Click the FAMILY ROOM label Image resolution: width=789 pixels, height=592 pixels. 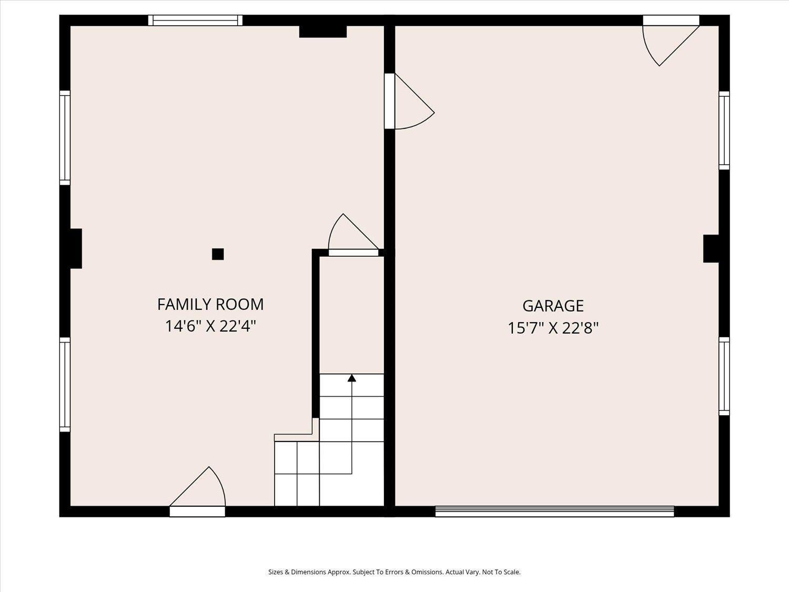(x=210, y=305)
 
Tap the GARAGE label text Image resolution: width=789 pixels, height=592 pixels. (x=553, y=306)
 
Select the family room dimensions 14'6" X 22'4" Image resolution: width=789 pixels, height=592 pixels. (x=210, y=326)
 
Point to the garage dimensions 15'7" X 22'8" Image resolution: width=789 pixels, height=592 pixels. (x=553, y=328)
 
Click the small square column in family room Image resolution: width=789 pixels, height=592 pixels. (x=218, y=254)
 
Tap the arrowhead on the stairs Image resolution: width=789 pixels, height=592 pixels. (x=351, y=378)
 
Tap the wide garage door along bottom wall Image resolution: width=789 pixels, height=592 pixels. (x=554, y=511)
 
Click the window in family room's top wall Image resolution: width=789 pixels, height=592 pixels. (x=195, y=21)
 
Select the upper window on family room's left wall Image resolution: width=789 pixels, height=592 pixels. (x=65, y=138)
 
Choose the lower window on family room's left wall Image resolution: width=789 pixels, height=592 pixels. (x=65, y=384)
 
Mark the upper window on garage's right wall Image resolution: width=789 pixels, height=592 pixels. (x=724, y=131)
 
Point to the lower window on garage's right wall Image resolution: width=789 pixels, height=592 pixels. (x=724, y=376)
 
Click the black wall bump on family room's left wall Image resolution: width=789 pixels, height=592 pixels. (x=76, y=248)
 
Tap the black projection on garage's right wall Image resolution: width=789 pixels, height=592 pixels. (x=711, y=248)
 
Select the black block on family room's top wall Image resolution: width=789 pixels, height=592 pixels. (x=323, y=31)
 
